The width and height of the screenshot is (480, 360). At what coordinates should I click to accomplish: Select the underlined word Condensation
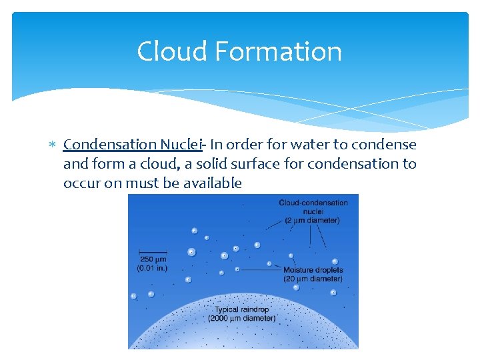[110, 144]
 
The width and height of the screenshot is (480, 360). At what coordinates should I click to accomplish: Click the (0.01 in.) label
[152, 268]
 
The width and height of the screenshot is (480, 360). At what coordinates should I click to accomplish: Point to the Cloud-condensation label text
[313, 203]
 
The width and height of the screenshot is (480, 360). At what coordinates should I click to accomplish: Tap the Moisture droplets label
[313, 270]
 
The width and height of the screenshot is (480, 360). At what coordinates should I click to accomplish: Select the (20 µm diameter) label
[313, 279]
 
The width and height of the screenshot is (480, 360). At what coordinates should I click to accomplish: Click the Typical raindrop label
[241, 310]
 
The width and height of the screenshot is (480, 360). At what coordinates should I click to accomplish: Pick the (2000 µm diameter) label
[241, 319]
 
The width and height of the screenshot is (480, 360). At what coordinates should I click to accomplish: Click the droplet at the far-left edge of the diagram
[133, 296]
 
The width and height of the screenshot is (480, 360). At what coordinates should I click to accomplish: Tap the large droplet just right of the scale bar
[192, 252]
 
